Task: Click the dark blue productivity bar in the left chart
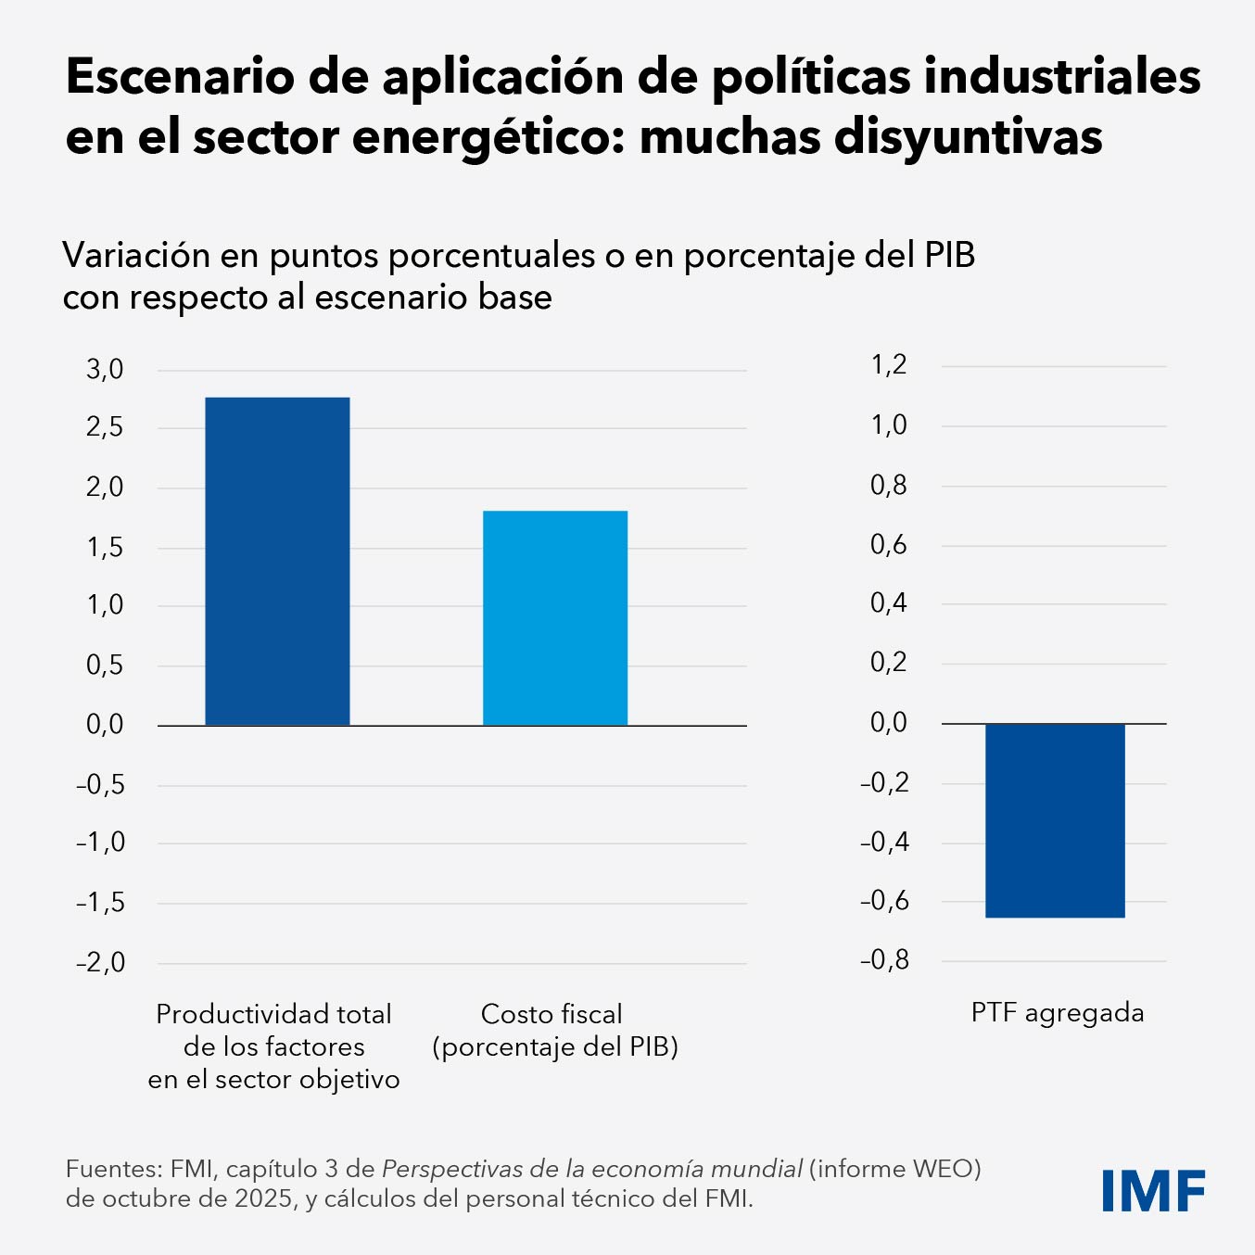277,561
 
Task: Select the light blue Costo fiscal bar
555,617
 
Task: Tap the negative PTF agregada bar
1055,820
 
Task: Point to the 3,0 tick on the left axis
105,369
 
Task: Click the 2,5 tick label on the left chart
105,428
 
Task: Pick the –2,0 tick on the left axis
100,962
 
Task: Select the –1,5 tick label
100,902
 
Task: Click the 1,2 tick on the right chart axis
889,365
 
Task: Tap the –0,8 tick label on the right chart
884,960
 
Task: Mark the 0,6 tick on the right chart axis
889,544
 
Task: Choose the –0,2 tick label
884,782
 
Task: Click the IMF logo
1153,1190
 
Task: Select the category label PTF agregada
1058,1012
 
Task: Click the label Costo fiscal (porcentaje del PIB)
554,1030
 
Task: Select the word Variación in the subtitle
136,255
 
